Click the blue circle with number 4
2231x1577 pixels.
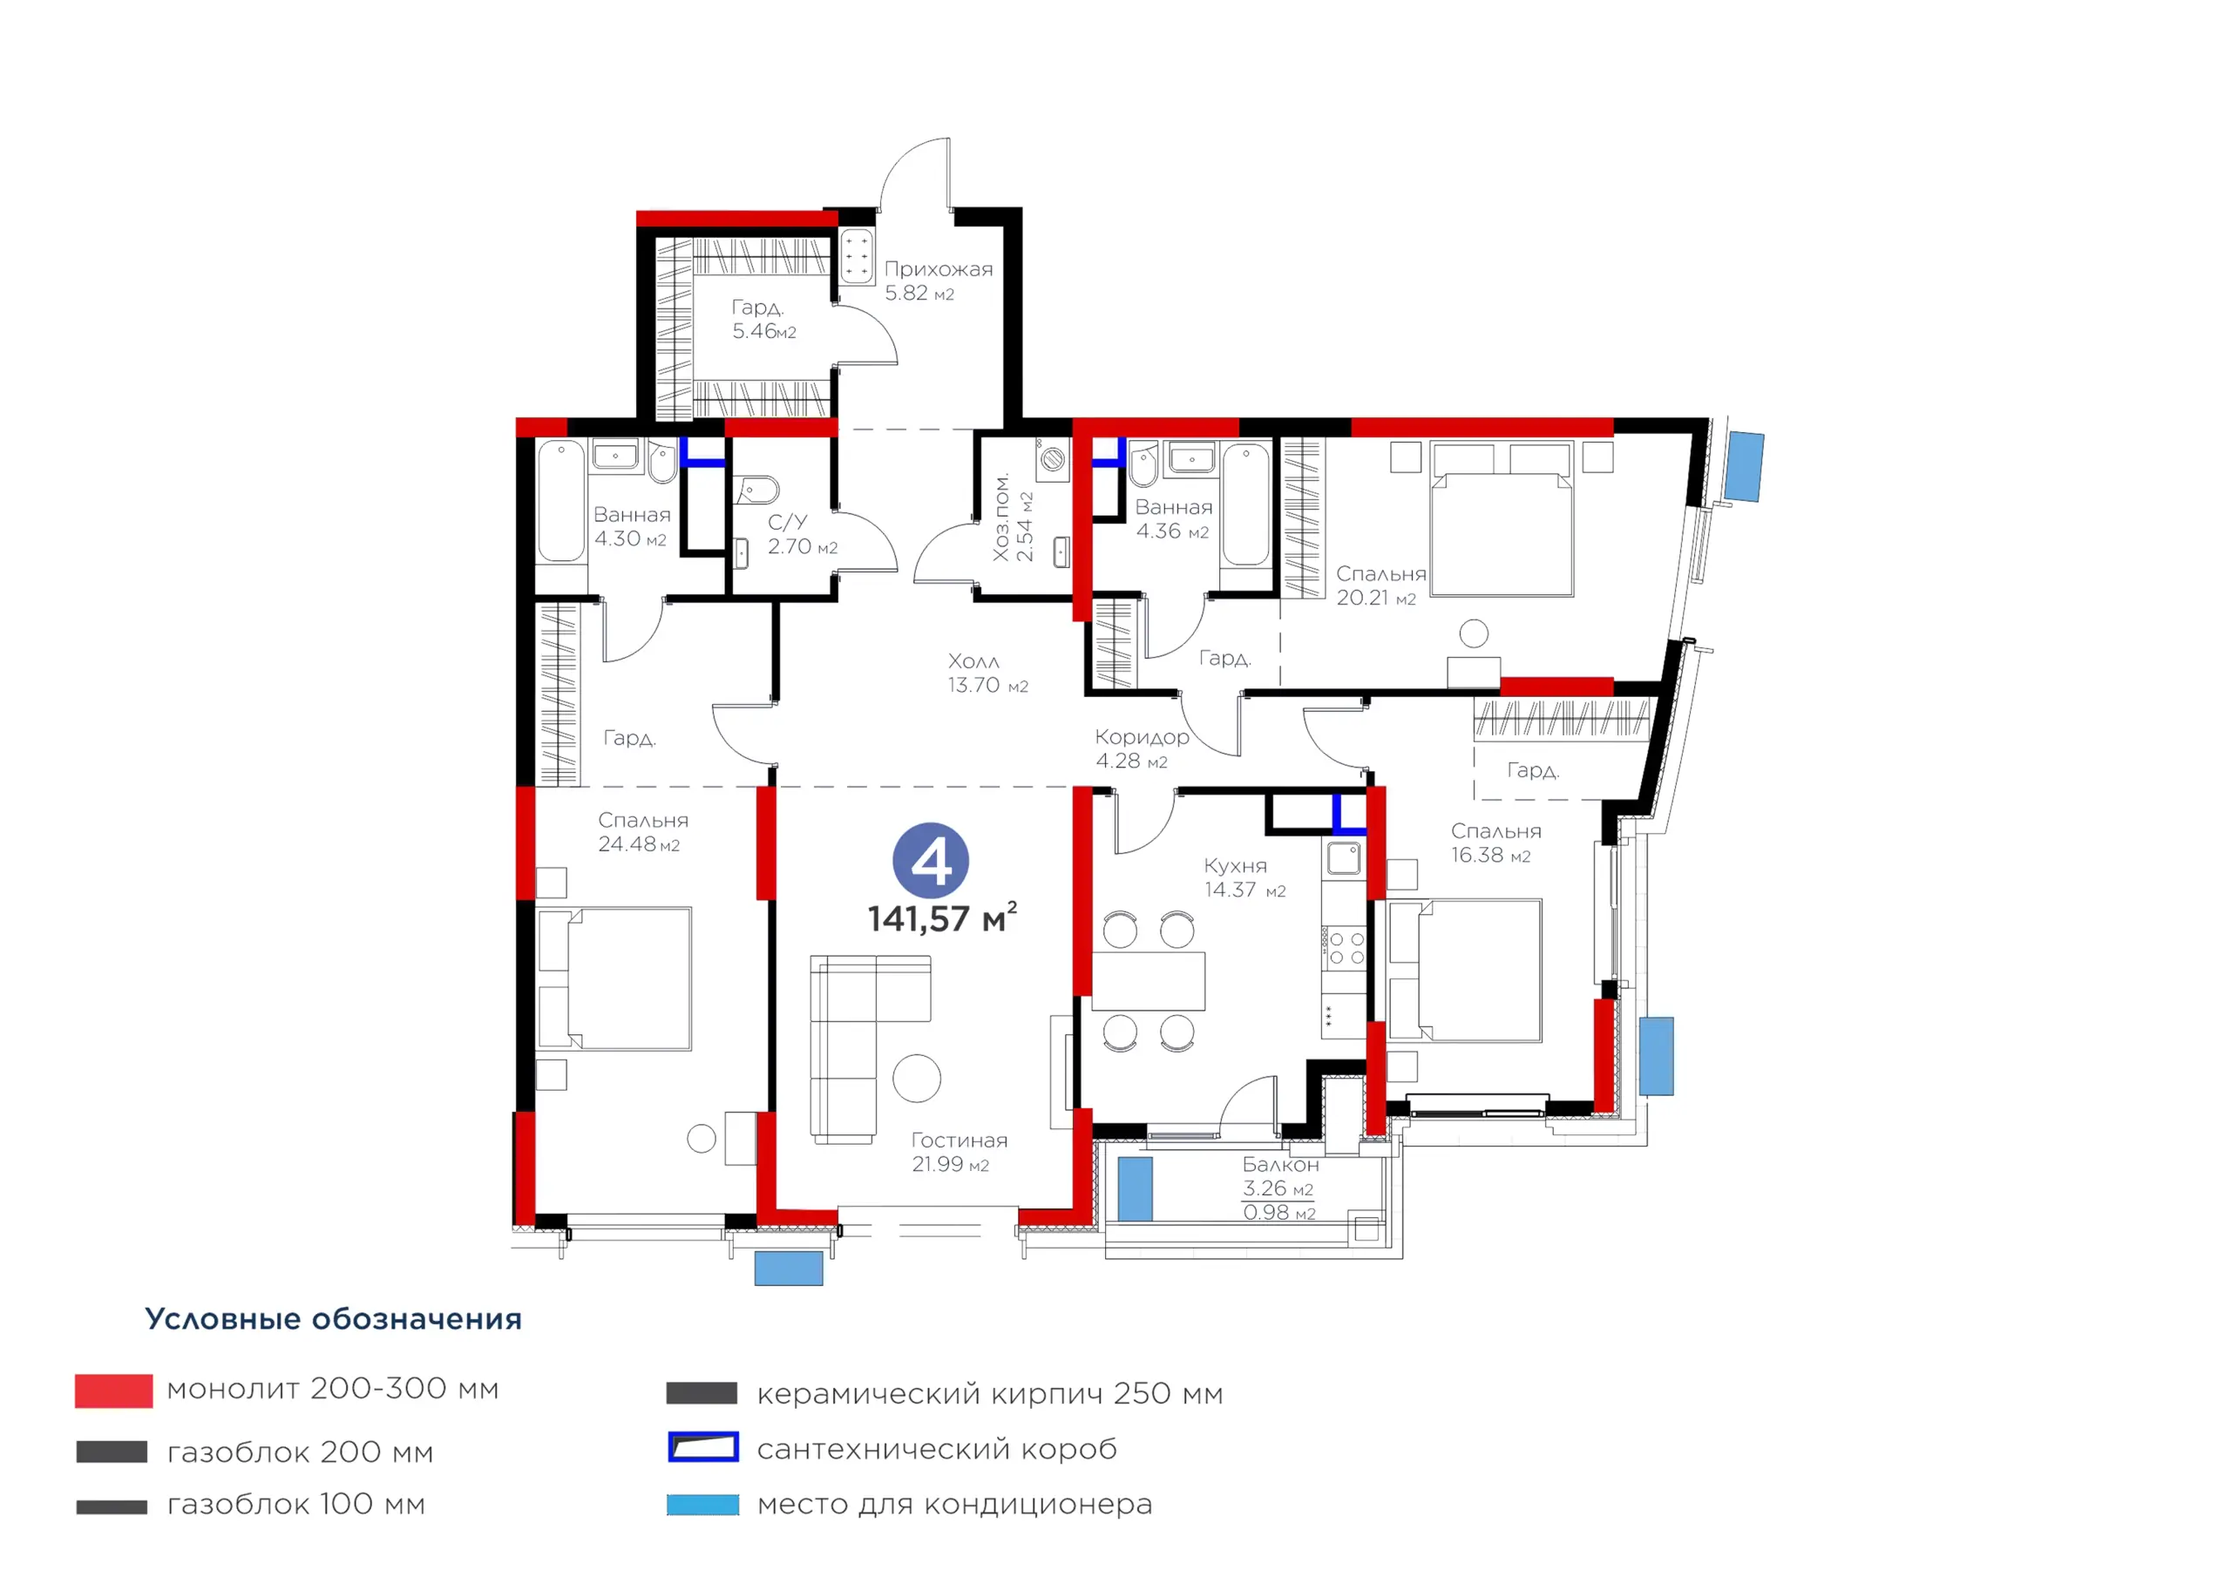click(x=931, y=861)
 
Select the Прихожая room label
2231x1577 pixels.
click(x=939, y=269)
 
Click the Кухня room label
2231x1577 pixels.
click(x=1235, y=866)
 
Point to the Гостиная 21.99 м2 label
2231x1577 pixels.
click(x=959, y=1153)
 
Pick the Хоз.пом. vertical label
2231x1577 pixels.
click(x=1000, y=517)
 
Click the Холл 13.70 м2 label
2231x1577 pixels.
click(x=987, y=673)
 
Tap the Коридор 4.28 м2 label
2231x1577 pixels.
click(x=1142, y=749)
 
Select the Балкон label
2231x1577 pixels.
click(x=1281, y=1164)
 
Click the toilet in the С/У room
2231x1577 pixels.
click(x=756, y=489)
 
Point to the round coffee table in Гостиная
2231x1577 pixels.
click(x=916, y=1079)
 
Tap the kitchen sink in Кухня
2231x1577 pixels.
click(x=1345, y=858)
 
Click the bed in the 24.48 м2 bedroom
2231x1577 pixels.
click(x=614, y=979)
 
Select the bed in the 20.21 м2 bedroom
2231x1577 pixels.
click(x=1502, y=520)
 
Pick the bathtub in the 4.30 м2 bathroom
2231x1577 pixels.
click(x=560, y=503)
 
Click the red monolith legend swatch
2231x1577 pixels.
click(x=113, y=1391)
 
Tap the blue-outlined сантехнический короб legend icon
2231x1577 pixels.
click(x=703, y=1447)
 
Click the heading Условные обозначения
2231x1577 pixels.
click(x=333, y=1318)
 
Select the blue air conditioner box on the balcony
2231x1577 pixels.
click(x=1135, y=1188)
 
